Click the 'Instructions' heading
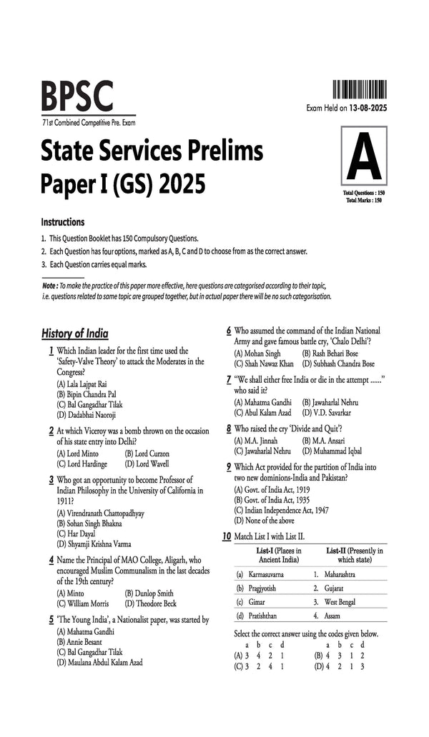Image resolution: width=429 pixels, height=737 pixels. click(63, 222)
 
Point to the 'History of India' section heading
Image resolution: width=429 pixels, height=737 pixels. click(75, 333)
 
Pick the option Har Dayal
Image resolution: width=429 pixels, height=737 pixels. click(76, 533)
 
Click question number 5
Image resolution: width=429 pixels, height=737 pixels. click(51, 620)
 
